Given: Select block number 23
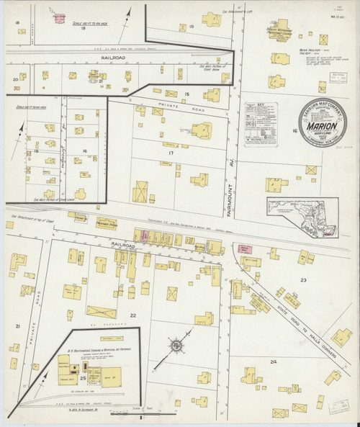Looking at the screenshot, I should pyautogui.click(x=303, y=279).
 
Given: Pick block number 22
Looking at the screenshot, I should pyautogui.click(x=132, y=315).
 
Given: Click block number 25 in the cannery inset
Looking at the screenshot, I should pyautogui.click(x=83, y=377).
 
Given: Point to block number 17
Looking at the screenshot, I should pyautogui.click(x=171, y=153).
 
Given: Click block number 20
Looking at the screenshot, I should pyautogui.click(x=14, y=79).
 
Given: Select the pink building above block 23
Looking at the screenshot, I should pyautogui.click(x=246, y=248).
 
